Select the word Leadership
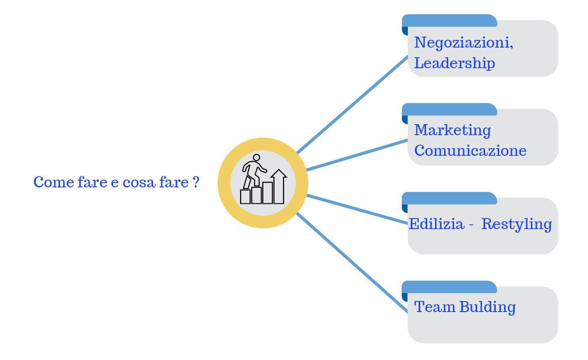[455, 63]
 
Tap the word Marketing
[452, 130]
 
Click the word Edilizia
[436, 224]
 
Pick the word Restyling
[516, 224]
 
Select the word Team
[435, 307]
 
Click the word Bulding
[488, 307]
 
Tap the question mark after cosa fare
[196, 182]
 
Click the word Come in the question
[54, 182]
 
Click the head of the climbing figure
[256, 157]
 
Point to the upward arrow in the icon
[279, 187]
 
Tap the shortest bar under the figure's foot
[245, 197]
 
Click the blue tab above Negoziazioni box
[450, 21]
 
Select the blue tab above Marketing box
[450, 110]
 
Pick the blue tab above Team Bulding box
[450, 287]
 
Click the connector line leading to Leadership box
[352, 104]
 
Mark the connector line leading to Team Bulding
[352, 263]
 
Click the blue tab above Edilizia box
[450, 198]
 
